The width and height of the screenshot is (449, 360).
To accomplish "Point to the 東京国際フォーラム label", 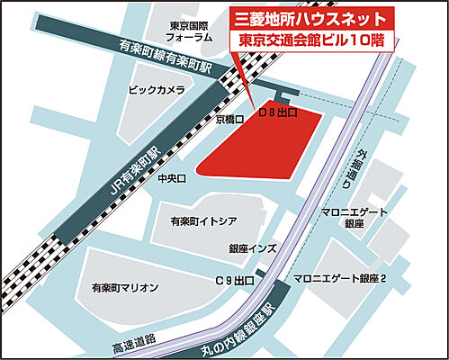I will click(190, 31).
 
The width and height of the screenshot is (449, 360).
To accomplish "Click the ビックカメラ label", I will click(157, 90).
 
